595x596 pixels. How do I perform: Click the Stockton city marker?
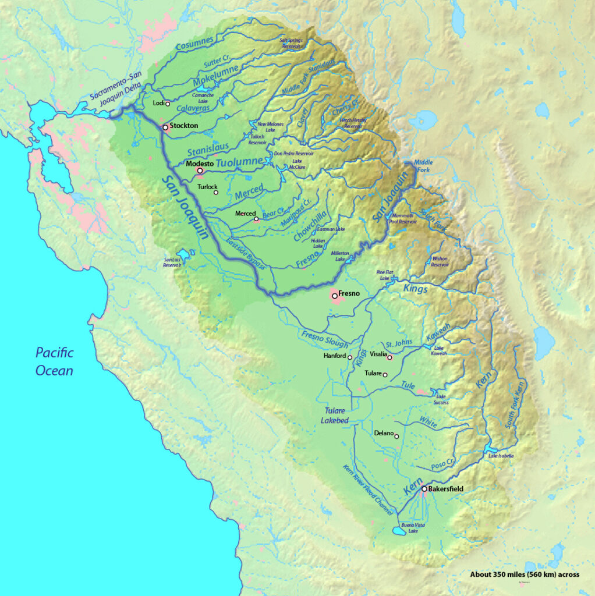pos(165,126)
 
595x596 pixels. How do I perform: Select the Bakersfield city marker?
pos(424,489)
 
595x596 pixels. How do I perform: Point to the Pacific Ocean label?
pos(54,361)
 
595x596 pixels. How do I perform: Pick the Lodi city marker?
pos(168,104)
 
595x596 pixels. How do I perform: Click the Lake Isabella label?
pos(501,456)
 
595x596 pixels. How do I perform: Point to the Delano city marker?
pos(396,436)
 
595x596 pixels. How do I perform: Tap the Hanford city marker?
pos(350,357)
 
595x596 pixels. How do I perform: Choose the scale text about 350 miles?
pos(525,574)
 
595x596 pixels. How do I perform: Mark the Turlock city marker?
pos(216,193)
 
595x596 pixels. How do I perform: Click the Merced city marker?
pos(256,219)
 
